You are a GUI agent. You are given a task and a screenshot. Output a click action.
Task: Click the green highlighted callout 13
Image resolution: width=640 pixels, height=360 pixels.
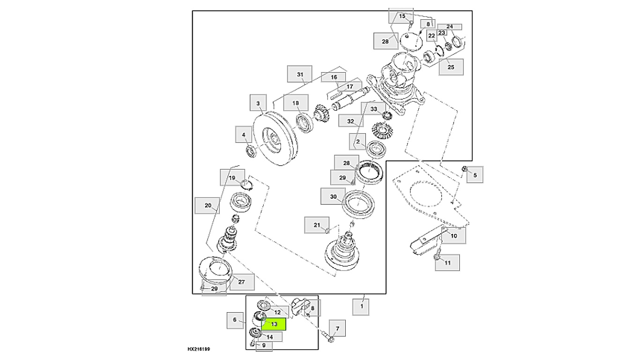(274, 323)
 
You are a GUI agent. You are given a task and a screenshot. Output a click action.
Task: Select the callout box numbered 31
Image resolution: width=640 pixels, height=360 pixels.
(300, 75)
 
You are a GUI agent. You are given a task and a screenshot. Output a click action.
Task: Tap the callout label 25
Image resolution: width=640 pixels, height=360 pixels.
(451, 67)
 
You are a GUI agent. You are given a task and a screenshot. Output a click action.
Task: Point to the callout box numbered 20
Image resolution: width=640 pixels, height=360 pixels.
(208, 205)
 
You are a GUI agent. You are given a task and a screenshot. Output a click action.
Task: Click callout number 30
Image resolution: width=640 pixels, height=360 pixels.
(333, 197)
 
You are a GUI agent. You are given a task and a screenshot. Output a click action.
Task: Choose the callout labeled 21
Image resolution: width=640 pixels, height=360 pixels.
(317, 225)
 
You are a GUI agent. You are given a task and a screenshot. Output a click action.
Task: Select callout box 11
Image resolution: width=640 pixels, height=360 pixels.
(447, 263)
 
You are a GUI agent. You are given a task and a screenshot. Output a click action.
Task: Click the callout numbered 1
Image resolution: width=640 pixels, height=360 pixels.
(361, 307)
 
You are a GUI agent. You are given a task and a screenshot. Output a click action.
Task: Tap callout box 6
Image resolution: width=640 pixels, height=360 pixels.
(235, 321)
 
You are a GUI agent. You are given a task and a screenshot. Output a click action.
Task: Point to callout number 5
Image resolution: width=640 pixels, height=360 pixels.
(474, 175)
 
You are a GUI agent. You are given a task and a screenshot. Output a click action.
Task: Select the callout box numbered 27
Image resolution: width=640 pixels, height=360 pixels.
(241, 282)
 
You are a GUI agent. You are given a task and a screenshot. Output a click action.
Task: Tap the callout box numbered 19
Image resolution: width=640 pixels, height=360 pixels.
(232, 178)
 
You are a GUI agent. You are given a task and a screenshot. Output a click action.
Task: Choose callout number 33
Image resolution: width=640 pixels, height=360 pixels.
(373, 109)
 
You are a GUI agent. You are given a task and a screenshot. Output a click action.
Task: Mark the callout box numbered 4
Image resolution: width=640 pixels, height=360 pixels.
(244, 135)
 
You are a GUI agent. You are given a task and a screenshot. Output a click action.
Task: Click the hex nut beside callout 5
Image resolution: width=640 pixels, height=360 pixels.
(463, 169)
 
